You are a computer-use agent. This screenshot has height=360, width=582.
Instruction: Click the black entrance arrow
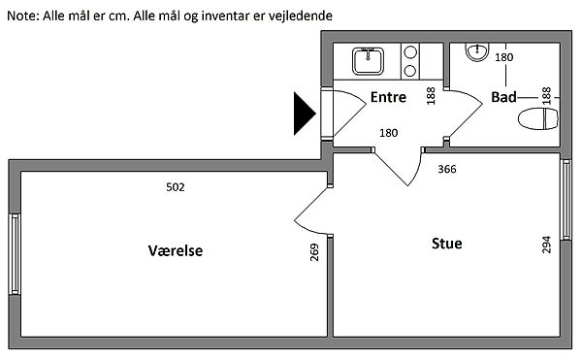pyautogui.click(x=304, y=114)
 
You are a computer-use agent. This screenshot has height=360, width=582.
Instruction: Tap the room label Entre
pyautogui.click(x=388, y=97)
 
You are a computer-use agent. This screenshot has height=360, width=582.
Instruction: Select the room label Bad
pyautogui.click(x=503, y=97)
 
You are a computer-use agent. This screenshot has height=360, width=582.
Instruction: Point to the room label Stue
pyautogui.click(x=447, y=244)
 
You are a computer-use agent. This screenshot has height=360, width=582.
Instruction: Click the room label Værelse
pyautogui.click(x=176, y=250)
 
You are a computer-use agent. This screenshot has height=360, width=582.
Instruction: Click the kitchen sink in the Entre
pyautogui.click(x=368, y=60)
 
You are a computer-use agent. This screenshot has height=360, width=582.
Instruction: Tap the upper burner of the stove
pyautogui.click(x=410, y=52)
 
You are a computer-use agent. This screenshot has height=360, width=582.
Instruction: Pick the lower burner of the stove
pyautogui.click(x=410, y=70)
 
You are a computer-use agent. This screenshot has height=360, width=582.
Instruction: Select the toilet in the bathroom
pyautogui.click(x=538, y=118)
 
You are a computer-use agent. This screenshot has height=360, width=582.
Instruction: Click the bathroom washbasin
pyautogui.click(x=477, y=51)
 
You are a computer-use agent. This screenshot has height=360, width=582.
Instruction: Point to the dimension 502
pyautogui.click(x=176, y=187)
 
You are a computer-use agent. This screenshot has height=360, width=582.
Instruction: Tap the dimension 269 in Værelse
pyautogui.click(x=314, y=252)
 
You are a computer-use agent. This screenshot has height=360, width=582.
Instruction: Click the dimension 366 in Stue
pyautogui.click(x=447, y=169)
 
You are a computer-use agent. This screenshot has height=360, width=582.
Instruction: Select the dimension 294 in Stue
pyautogui.click(x=546, y=245)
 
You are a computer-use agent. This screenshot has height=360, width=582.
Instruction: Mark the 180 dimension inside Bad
pyautogui.click(x=504, y=57)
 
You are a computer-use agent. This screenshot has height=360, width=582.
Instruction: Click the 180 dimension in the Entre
pyautogui.click(x=389, y=133)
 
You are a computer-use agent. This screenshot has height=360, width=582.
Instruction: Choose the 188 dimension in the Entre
pyautogui.click(x=431, y=96)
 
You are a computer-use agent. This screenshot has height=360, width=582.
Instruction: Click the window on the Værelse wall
pyautogui.click(x=15, y=254)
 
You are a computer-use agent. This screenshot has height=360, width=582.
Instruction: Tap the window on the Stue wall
pyautogui.click(x=566, y=200)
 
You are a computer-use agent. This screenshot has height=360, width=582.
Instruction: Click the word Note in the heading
pyautogui.click(x=22, y=16)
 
